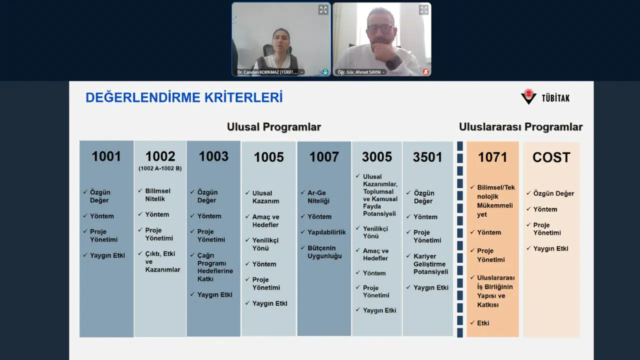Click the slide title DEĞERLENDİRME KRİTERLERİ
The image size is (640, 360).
[x=184, y=97]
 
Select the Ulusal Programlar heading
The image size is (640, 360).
[x=273, y=127]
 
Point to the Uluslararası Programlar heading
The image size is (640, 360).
[x=520, y=127]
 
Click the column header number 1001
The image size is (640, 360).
[x=106, y=156]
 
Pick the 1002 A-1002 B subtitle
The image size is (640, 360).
[x=160, y=168]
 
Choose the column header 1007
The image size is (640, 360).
[x=324, y=157]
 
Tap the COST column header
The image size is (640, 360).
[x=551, y=157]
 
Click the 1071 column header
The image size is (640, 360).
[x=492, y=157]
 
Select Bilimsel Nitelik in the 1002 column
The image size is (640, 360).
[x=157, y=195]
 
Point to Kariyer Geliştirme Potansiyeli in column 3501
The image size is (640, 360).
[x=430, y=264]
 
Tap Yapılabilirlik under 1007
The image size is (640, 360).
[x=326, y=232]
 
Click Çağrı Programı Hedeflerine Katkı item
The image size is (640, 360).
[x=215, y=267]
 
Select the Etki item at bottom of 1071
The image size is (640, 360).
[x=483, y=323]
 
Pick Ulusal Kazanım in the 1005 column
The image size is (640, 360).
[x=265, y=197]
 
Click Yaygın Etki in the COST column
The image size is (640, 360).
[x=550, y=248]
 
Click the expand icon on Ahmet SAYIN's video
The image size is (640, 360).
[x=424, y=9]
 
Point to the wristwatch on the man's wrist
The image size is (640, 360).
[x=393, y=62]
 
